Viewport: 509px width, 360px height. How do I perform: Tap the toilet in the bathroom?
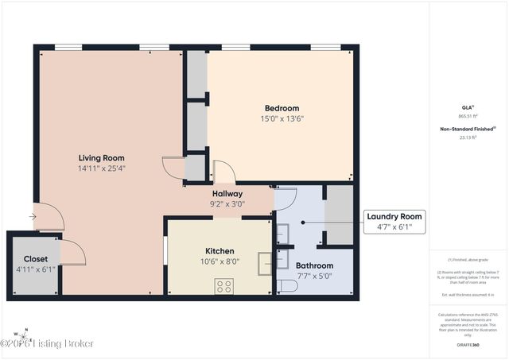click(286, 285)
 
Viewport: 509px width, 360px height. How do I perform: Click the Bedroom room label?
click(282, 108)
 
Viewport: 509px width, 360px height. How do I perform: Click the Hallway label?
click(227, 193)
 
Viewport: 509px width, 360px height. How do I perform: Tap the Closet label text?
click(35, 259)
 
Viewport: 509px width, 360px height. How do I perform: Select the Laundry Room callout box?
click(394, 221)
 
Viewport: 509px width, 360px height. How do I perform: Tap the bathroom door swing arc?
click(286, 197)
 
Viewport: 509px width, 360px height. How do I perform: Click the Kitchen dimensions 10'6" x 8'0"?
click(219, 261)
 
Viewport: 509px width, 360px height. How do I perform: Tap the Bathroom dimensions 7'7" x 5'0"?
click(314, 276)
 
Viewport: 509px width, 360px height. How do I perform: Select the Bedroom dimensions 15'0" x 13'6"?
click(282, 118)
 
